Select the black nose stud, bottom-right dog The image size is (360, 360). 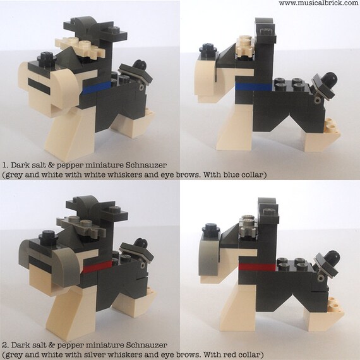[x=207, y=228]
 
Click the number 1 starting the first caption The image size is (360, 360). [x=4, y=162]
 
